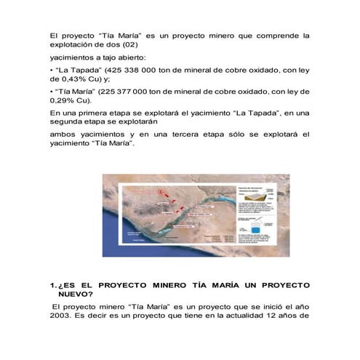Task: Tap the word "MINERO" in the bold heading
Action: pos(173,284)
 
